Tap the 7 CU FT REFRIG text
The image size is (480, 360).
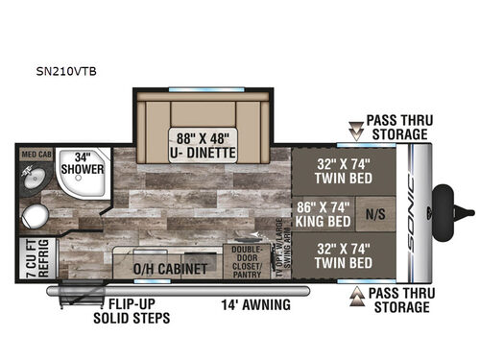point(28,262)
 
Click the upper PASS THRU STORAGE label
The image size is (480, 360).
point(398,127)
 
